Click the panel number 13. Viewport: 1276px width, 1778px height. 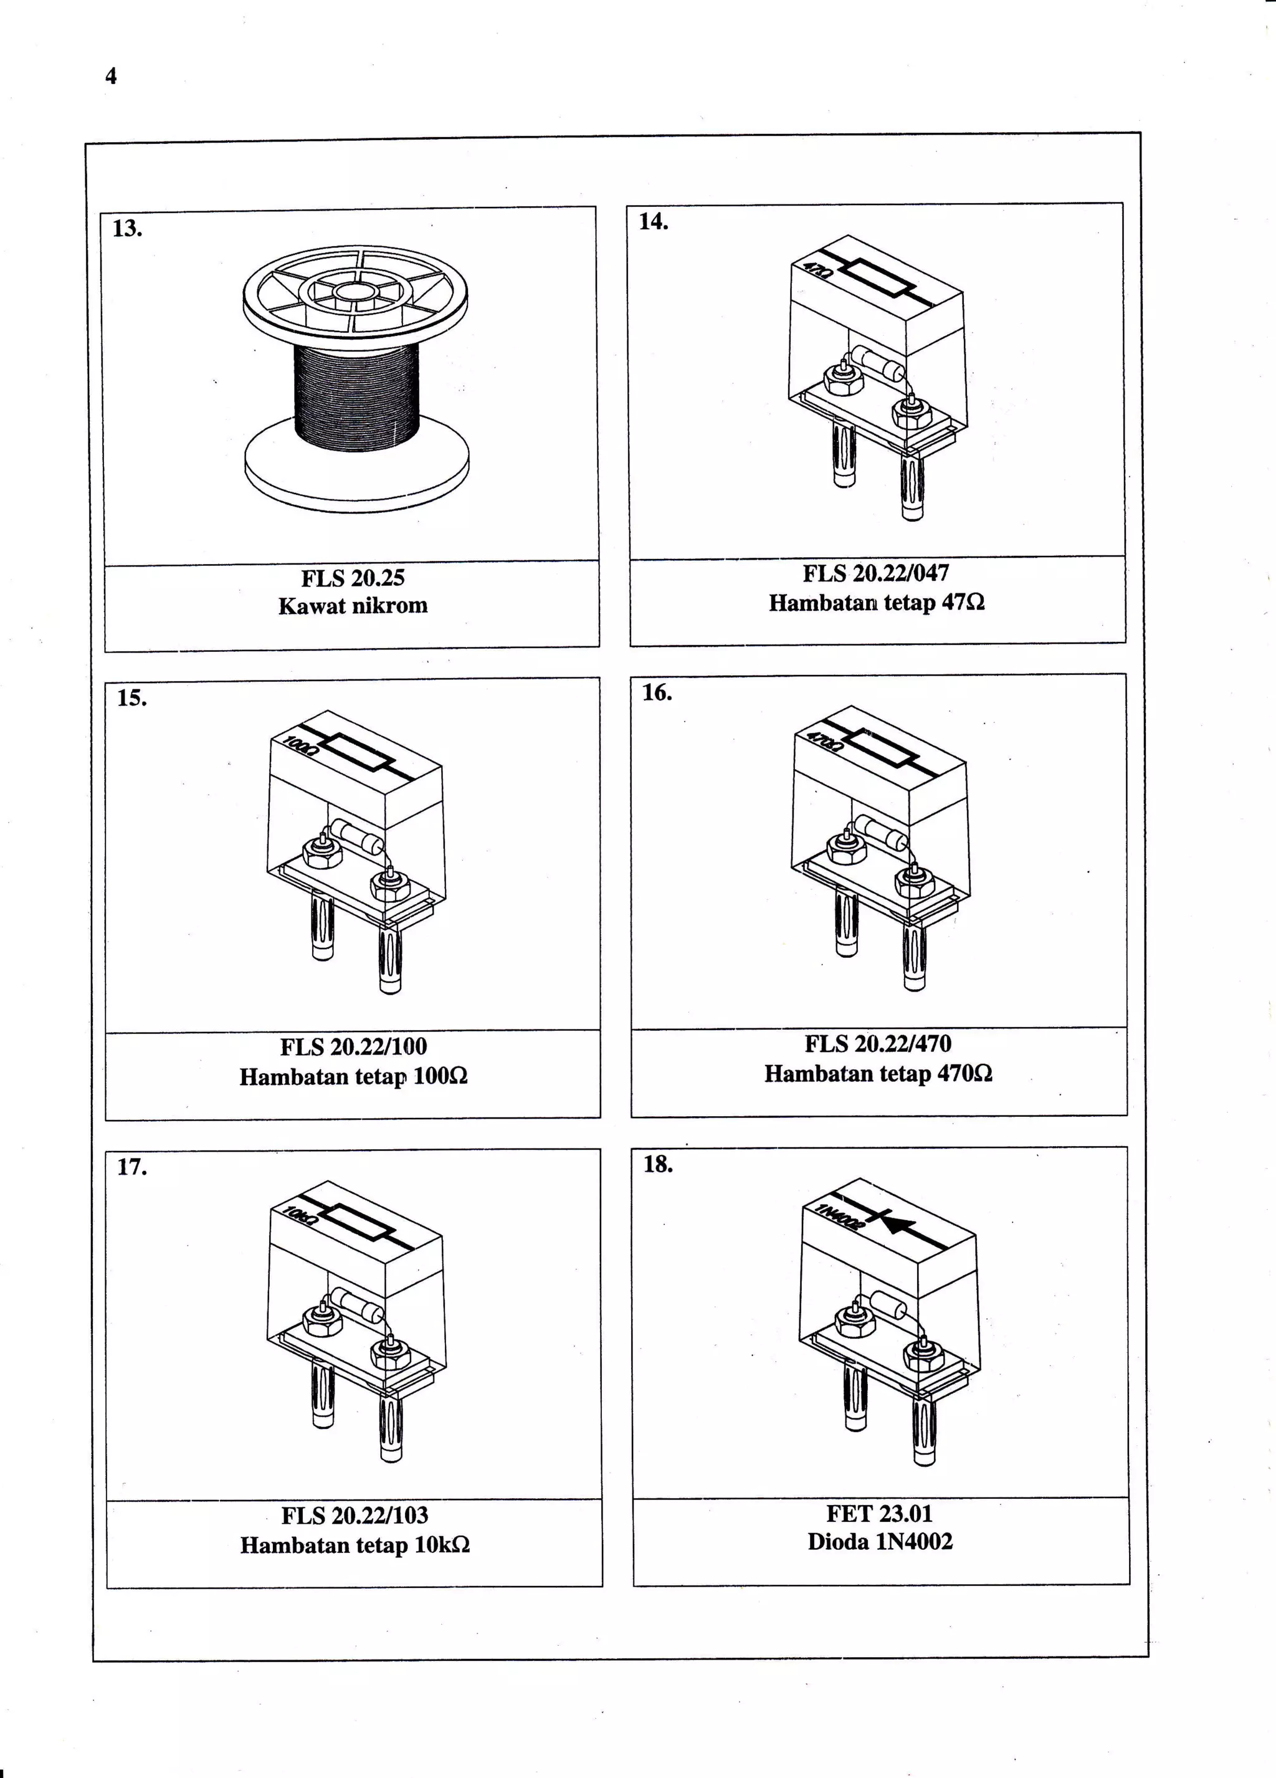coord(127,229)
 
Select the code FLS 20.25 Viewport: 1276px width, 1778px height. coord(353,578)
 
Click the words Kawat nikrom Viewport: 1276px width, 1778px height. coord(353,606)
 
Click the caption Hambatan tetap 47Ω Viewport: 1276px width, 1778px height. coord(876,603)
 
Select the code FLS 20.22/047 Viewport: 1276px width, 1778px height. coord(875,574)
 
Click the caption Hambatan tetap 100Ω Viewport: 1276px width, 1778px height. coord(353,1076)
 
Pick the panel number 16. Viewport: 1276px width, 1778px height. coord(657,693)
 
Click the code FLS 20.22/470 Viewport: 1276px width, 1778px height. coord(878,1044)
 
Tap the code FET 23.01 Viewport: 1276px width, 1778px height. coord(879,1513)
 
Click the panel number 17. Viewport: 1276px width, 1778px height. coord(131,1167)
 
